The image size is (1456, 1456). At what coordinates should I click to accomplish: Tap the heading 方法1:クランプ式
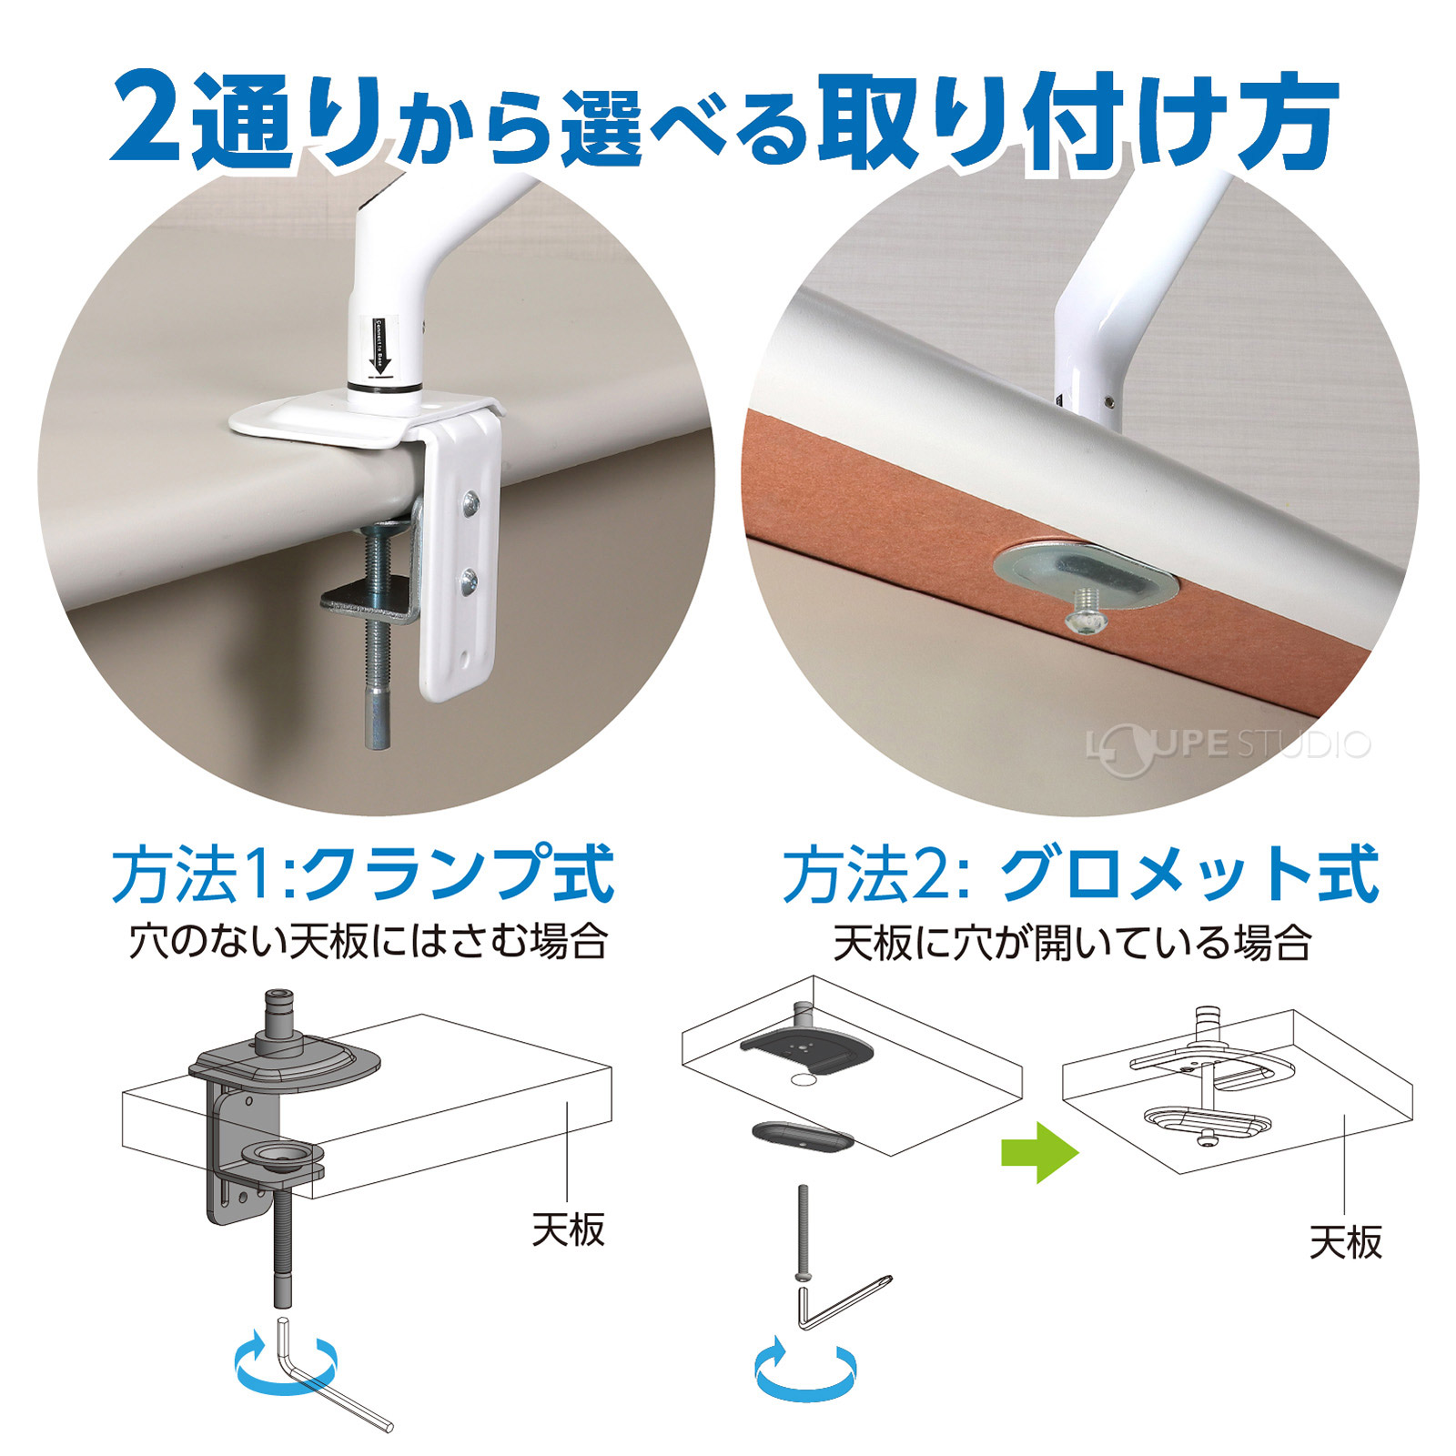(x=362, y=875)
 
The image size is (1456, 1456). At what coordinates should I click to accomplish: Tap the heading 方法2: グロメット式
(x=1080, y=875)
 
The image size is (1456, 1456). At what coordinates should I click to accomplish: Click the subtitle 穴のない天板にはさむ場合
(x=368, y=941)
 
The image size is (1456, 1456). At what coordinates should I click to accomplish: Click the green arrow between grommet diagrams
(x=1038, y=1153)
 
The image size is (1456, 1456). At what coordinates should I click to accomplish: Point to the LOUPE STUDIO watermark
(x=1228, y=745)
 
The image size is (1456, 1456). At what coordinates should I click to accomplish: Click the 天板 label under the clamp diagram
(x=568, y=1230)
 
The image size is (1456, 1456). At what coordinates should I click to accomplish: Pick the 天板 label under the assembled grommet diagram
(x=1345, y=1242)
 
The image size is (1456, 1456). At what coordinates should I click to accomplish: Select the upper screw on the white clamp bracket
(x=470, y=501)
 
